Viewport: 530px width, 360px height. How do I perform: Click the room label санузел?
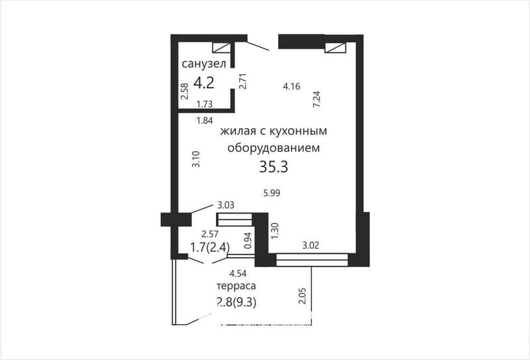click(x=204, y=64)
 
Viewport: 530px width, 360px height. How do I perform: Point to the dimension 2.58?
click(x=185, y=90)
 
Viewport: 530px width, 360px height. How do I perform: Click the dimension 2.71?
click(x=243, y=81)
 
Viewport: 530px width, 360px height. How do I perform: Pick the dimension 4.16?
click(x=291, y=86)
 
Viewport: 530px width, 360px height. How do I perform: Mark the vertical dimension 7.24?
click(x=317, y=99)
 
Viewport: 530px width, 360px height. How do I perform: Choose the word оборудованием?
click(x=274, y=148)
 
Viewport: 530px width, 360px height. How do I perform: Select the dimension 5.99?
click(x=273, y=193)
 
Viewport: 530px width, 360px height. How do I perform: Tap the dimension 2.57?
click(x=211, y=234)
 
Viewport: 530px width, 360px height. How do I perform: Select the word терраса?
click(x=236, y=286)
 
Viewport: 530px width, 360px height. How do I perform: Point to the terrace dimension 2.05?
click(x=302, y=296)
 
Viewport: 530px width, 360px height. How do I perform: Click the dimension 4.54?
click(x=238, y=273)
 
